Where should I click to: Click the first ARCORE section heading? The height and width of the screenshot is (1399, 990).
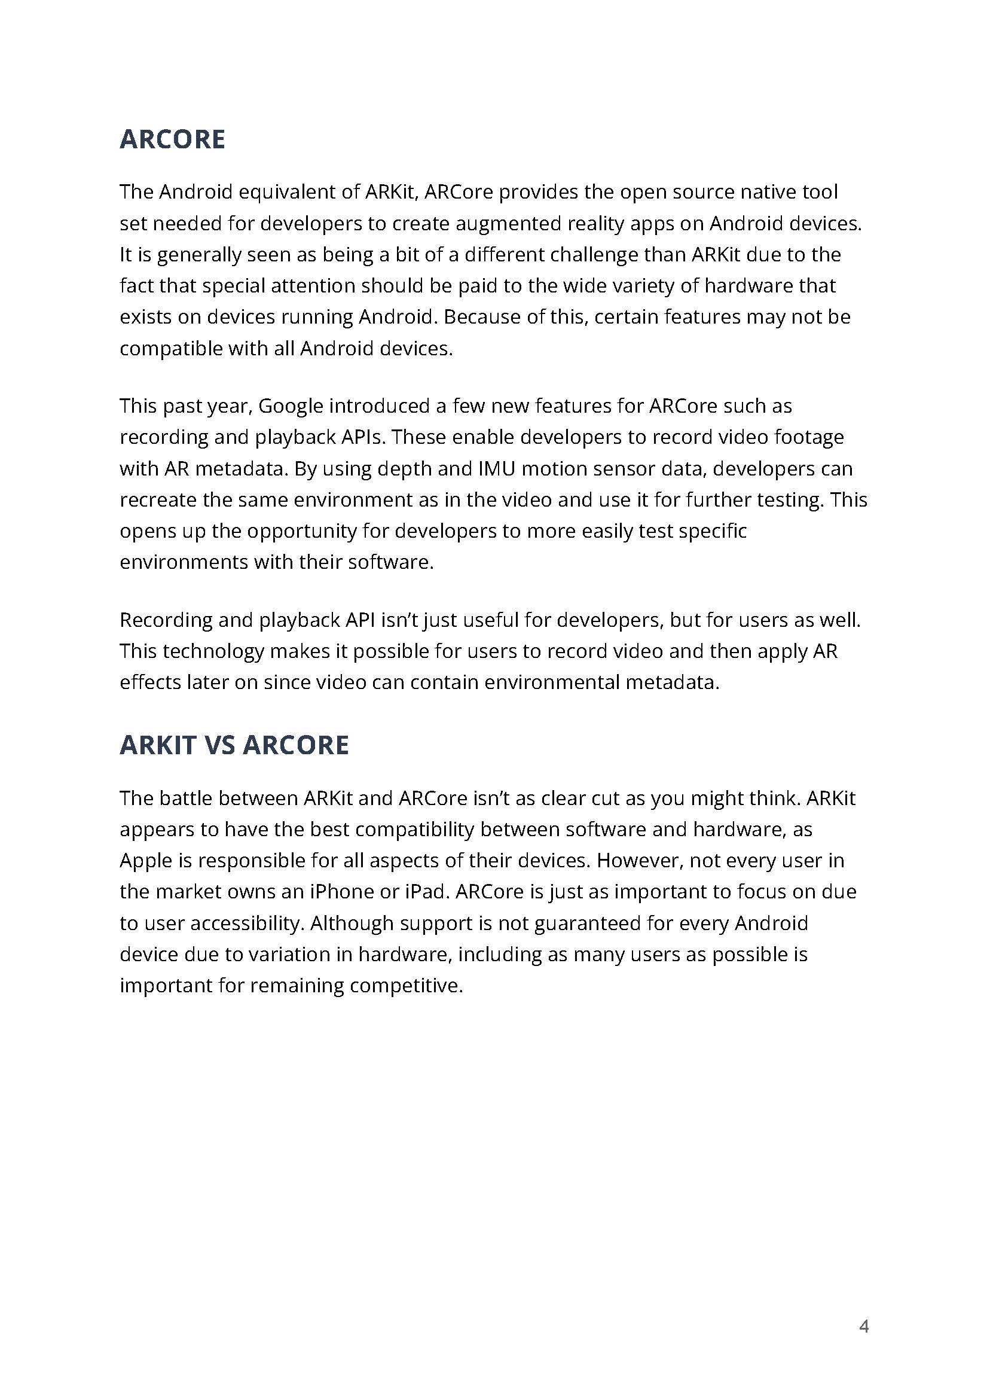pos(172,139)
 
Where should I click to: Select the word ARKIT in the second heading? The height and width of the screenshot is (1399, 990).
pos(158,745)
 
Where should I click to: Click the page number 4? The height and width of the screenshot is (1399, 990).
pos(863,1325)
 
